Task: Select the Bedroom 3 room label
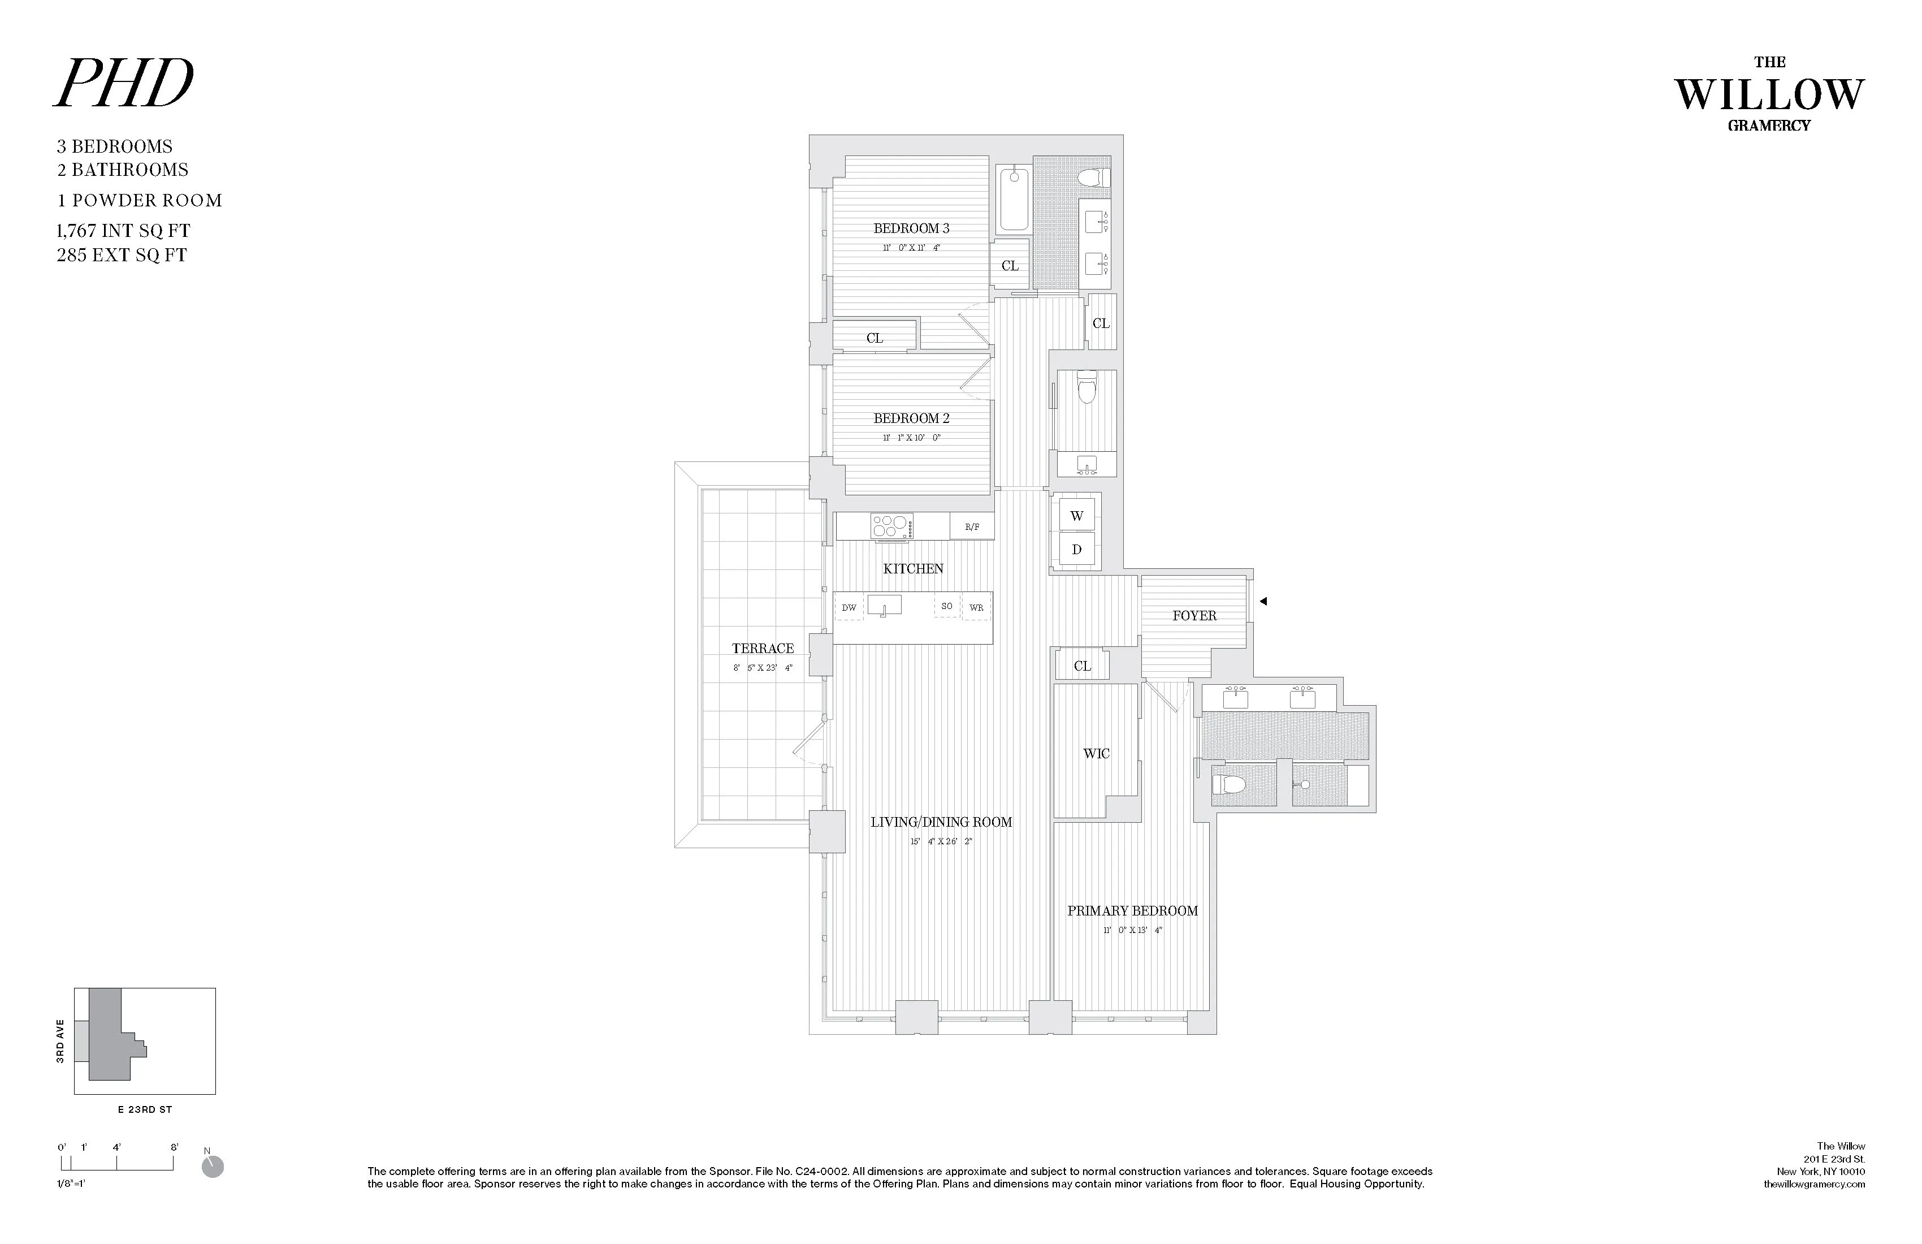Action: click(911, 228)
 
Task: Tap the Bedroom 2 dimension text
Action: click(911, 438)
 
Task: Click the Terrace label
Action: click(763, 649)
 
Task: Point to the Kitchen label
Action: click(912, 569)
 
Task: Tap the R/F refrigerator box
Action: click(972, 526)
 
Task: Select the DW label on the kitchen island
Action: click(849, 607)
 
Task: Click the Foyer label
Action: click(1193, 616)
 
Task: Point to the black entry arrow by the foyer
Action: click(1263, 601)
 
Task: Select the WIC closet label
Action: click(1096, 754)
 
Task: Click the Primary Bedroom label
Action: click(1132, 911)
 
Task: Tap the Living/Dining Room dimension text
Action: click(941, 842)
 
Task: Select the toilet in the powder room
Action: click(1087, 388)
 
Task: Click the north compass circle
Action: click(213, 1167)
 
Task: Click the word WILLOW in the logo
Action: click(1769, 96)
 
